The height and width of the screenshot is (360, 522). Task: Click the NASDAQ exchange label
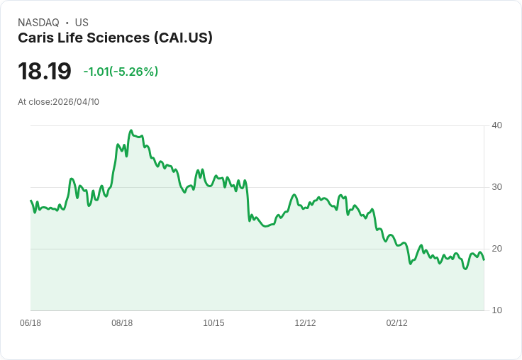click(x=38, y=23)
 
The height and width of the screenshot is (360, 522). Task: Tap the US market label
click(x=82, y=23)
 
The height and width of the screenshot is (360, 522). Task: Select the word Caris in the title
click(x=35, y=38)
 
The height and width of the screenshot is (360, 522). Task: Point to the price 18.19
click(x=45, y=72)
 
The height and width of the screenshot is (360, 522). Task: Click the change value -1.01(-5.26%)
click(x=121, y=72)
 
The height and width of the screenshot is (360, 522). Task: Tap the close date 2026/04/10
click(x=76, y=102)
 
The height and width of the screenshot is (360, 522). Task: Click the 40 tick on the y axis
click(x=497, y=125)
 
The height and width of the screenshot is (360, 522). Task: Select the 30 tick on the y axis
click(x=497, y=187)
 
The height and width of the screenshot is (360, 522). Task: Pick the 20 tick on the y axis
click(x=497, y=249)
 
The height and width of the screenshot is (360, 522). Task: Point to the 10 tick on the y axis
click(x=497, y=310)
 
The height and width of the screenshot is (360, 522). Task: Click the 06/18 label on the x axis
click(x=30, y=323)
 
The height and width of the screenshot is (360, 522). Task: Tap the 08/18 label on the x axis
click(x=122, y=323)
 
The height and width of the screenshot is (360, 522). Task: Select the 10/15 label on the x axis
click(x=213, y=323)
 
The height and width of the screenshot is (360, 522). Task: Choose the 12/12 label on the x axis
click(x=305, y=323)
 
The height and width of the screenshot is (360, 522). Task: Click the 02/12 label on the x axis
click(x=396, y=323)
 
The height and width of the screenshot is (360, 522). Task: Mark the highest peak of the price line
click(x=130, y=130)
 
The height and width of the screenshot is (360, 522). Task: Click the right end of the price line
click(x=484, y=259)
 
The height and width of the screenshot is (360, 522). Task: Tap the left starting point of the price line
click(x=30, y=201)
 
